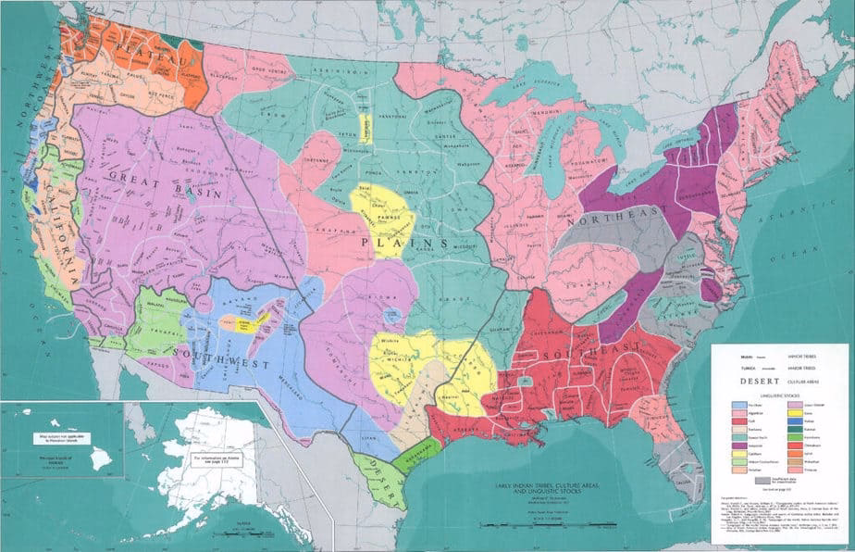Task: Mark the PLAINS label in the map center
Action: pyautogui.click(x=407, y=242)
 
